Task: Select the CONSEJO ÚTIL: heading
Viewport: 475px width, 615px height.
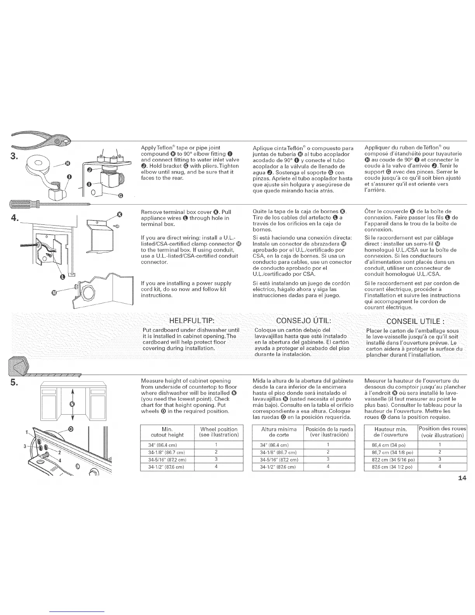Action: tap(303, 321)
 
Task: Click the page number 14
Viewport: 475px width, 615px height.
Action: tap(462, 478)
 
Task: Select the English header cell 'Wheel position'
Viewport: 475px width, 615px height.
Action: tap(218, 432)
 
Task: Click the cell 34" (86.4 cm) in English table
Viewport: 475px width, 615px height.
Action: tap(166, 445)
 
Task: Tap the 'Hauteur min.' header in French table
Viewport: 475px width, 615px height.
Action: tap(390, 432)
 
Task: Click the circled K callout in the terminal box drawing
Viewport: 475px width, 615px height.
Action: tap(120, 214)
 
